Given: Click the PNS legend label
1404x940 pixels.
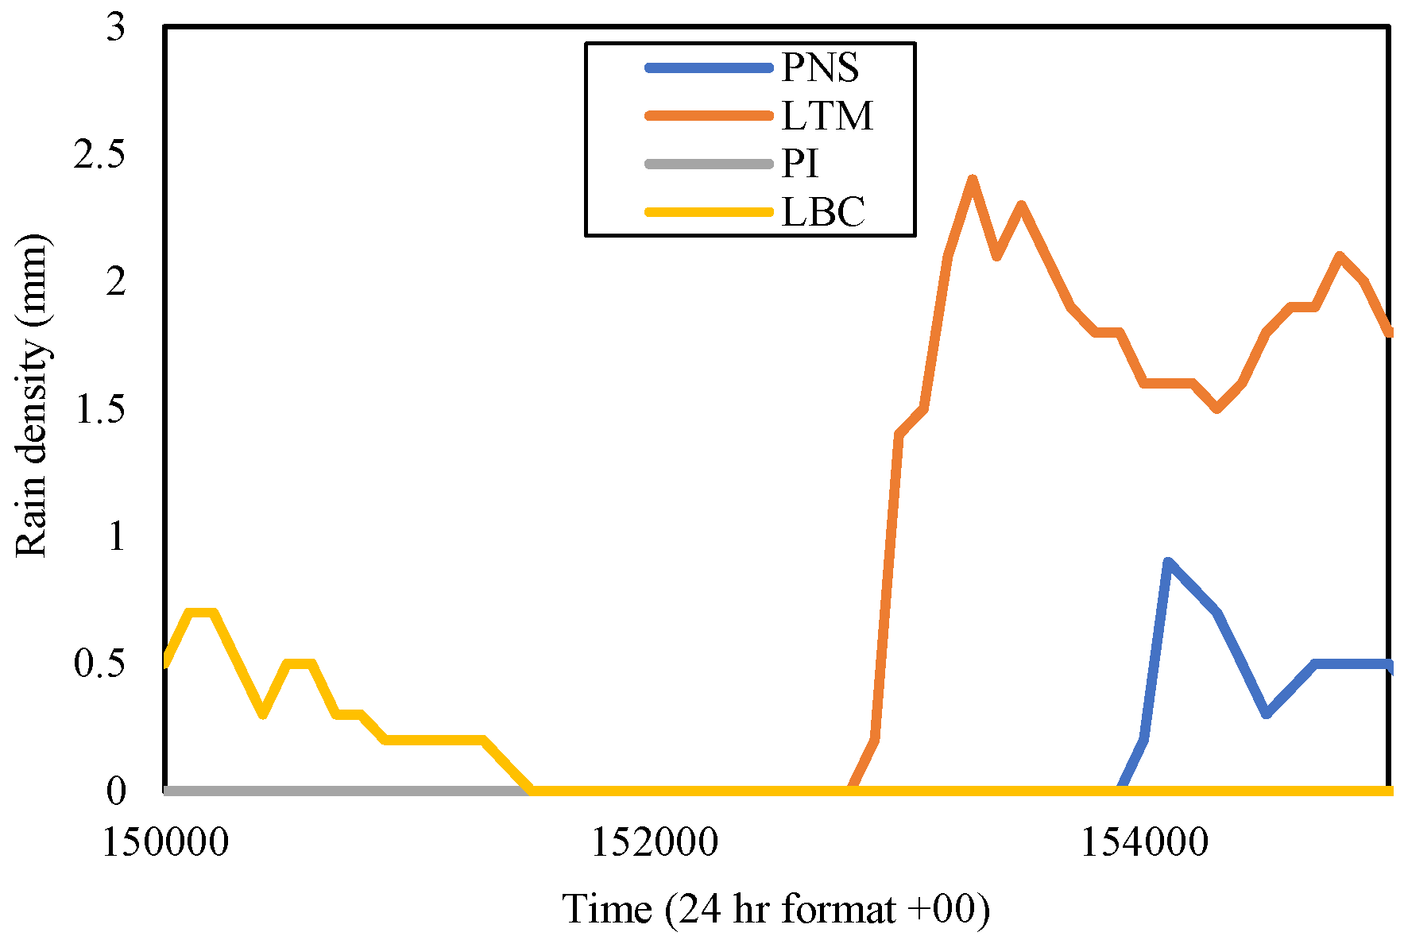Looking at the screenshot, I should pyautogui.click(x=820, y=68).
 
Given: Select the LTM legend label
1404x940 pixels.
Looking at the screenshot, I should pyautogui.click(x=827, y=116).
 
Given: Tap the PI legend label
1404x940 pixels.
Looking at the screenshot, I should pyautogui.click(x=800, y=164).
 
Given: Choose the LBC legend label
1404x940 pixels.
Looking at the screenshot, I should pyautogui.click(x=823, y=212).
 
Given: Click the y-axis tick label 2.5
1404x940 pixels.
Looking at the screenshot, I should pyautogui.click(x=101, y=154).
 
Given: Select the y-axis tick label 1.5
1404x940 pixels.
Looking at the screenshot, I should pyautogui.click(x=101, y=409).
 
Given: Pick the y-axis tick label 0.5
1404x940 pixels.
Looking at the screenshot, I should pyautogui.click(x=101, y=663).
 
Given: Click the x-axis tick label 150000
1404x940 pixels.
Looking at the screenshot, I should pyautogui.click(x=165, y=842).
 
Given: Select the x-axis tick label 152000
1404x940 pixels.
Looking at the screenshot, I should pyautogui.click(x=655, y=842).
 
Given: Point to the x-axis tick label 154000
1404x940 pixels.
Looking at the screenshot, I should pyautogui.click(x=1144, y=842).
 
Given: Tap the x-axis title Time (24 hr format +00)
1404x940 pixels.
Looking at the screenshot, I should pyautogui.click(x=776, y=908).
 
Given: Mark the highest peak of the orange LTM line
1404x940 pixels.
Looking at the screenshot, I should pyautogui.click(x=972, y=180).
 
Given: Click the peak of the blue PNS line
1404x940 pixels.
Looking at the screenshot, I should pyautogui.click(x=1167, y=562).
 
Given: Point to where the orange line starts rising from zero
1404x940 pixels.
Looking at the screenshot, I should pyautogui.click(x=851, y=790).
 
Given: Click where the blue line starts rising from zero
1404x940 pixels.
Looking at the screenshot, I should pyautogui.click(x=1120, y=790).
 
